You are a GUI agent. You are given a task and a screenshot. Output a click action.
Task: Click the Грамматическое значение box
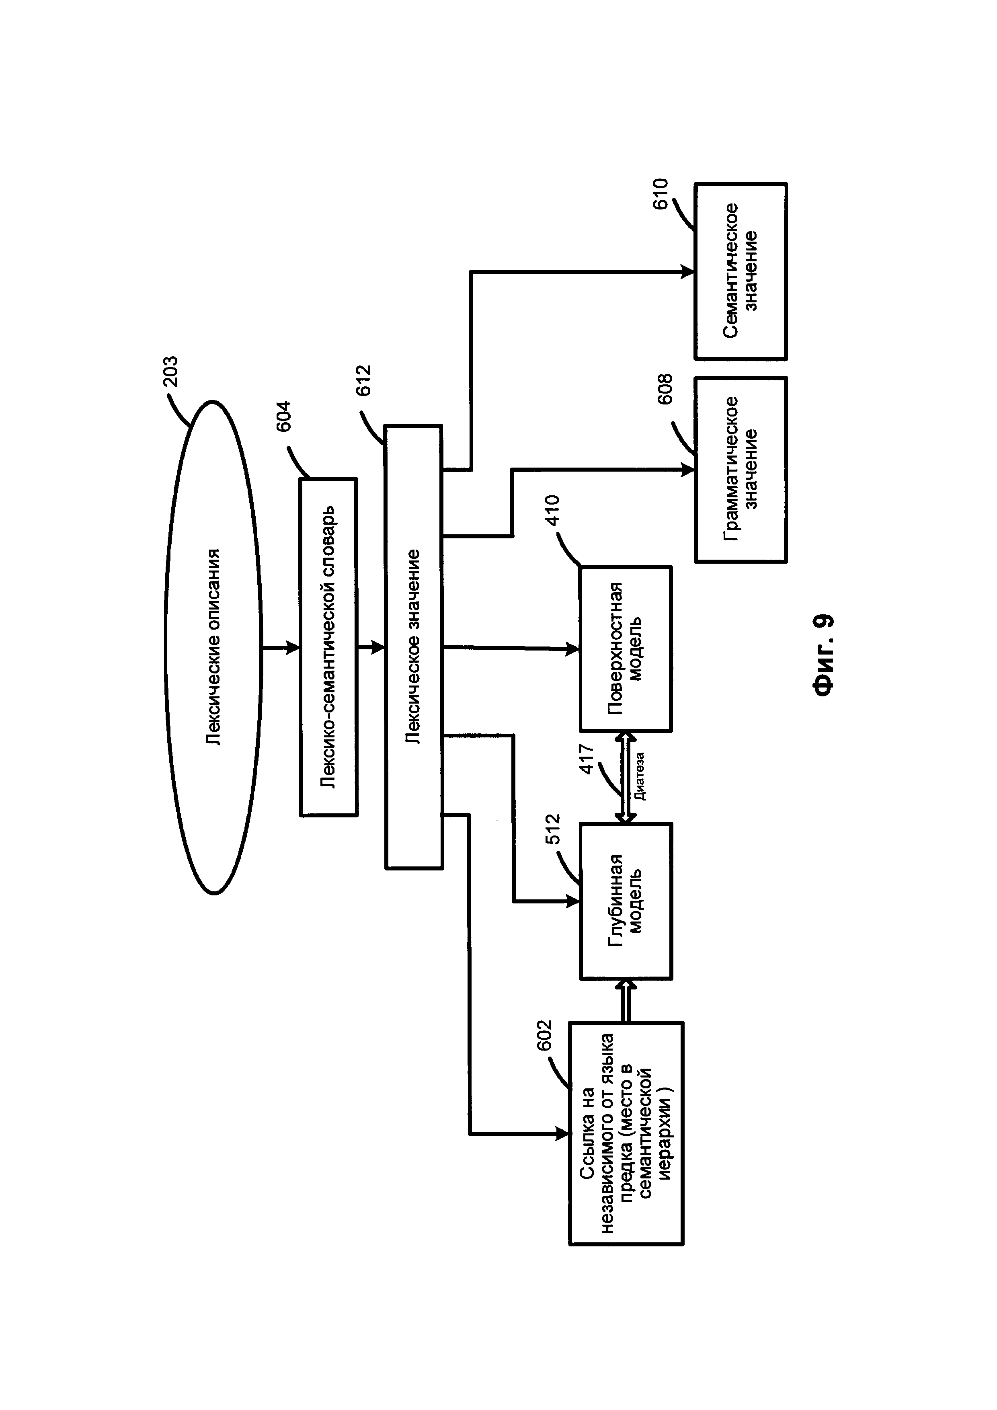(741, 469)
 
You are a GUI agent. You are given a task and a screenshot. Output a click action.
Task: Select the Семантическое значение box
(741, 271)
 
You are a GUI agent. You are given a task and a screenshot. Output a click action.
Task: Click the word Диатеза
(640, 776)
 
